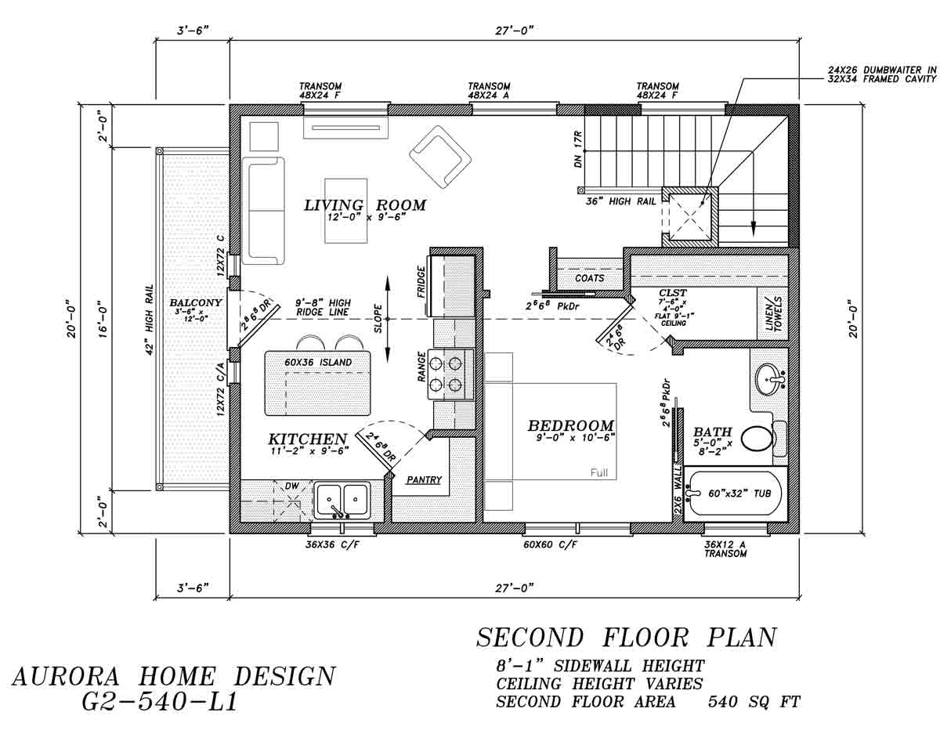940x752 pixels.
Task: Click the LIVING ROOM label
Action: [365, 205]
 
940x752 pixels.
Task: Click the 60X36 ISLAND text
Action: [318, 362]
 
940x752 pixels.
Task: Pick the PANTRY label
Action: [424, 480]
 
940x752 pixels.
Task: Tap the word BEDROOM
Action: [571, 426]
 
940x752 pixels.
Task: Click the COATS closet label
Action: [589, 278]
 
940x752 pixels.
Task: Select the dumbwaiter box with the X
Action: [689, 216]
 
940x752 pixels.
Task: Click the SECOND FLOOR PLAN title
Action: [626, 638]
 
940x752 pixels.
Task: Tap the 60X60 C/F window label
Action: [550, 544]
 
